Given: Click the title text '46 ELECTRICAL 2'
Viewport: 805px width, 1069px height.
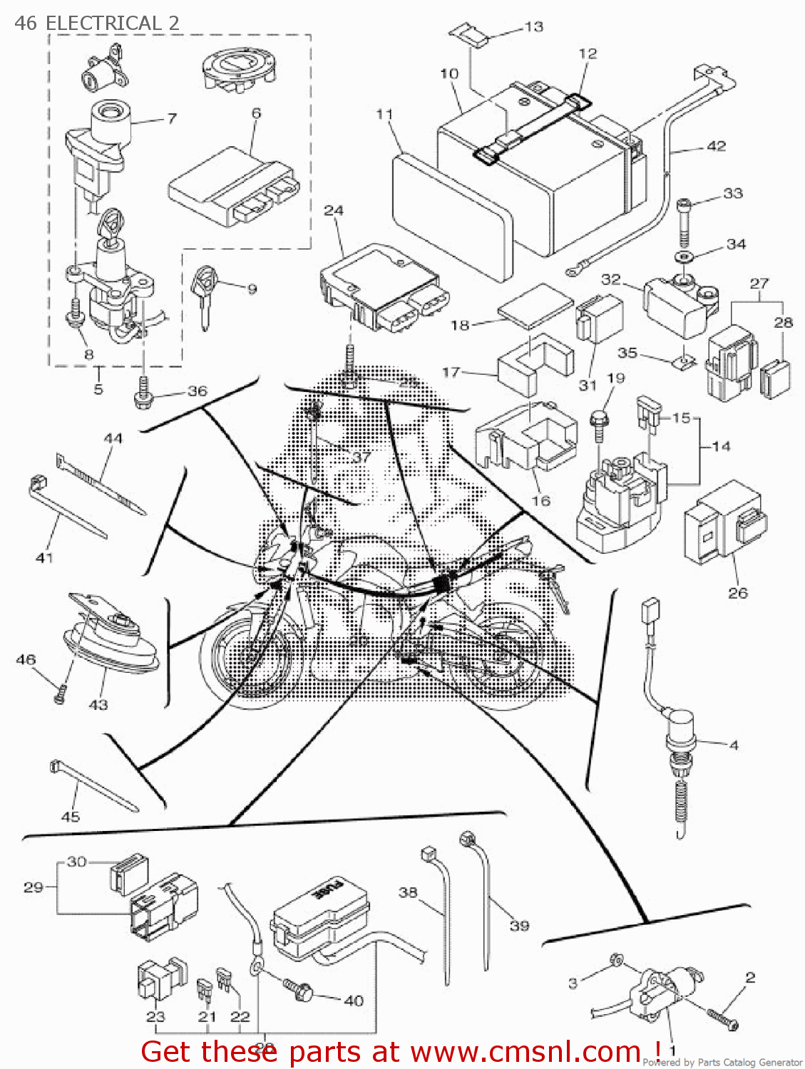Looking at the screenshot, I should coord(96,23).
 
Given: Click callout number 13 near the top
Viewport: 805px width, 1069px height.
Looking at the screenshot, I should coord(533,27).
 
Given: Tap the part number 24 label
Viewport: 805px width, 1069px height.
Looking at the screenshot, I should coord(334,210).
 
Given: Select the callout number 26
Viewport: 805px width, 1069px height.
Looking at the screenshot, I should coord(737,592).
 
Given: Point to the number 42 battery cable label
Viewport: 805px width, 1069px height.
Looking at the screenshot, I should coord(716,146).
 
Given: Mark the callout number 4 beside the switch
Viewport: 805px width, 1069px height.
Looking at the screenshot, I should coord(734,745).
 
